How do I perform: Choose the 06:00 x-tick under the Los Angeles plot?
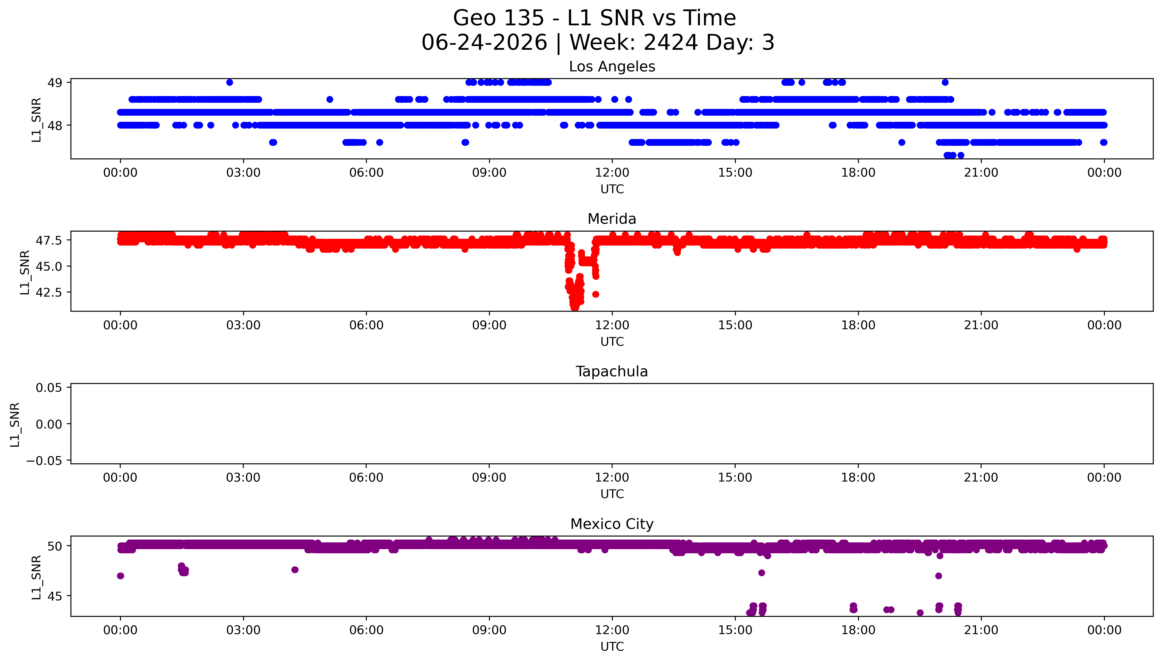pos(366,173)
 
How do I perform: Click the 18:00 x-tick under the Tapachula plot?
pos(858,478)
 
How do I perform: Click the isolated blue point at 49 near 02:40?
pos(230,82)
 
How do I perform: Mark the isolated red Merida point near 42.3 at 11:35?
pos(595,294)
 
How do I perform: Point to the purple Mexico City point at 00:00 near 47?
pos(120,576)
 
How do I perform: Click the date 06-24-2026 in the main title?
pos(484,43)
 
